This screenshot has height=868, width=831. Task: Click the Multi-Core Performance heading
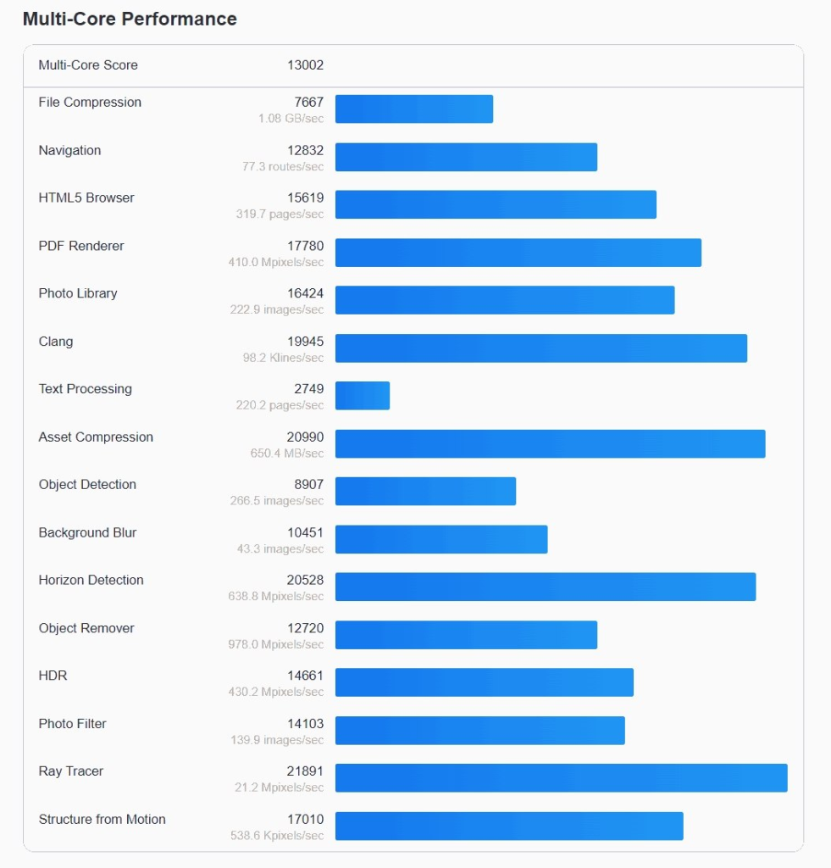[x=130, y=19]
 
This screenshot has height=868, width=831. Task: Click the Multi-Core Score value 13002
[x=305, y=65]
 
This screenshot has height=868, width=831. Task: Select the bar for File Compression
[x=413, y=108]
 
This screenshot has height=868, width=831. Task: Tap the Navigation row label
[x=69, y=150]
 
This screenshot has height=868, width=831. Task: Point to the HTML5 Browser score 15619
[x=305, y=198]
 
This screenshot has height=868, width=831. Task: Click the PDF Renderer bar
[x=518, y=253]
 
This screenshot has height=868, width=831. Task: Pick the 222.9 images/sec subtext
[x=276, y=310]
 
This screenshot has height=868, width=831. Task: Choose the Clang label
[x=56, y=342]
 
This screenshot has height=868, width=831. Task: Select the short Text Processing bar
[x=363, y=396]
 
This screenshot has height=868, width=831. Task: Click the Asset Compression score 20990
[x=305, y=437]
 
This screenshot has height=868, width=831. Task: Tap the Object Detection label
[x=87, y=485]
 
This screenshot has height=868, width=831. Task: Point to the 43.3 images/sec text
[x=280, y=549]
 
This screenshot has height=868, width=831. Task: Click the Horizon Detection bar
[x=545, y=587]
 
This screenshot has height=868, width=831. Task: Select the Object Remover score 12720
[x=305, y=628]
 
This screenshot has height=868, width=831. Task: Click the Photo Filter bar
[x=479, y=731]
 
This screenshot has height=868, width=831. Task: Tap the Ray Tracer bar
[x=561, y=778]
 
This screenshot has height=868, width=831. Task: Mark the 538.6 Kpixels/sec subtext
[x=276, y=836]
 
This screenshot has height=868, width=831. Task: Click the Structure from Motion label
[x=102, y=819]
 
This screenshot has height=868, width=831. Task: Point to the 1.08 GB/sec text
[x=291, y=119]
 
